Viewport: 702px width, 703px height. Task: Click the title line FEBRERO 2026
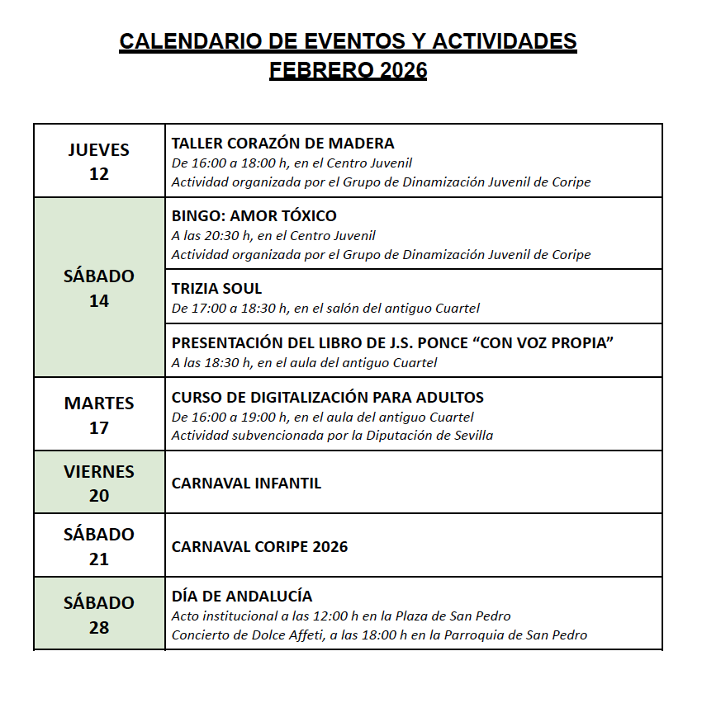pyautogui.click(x=348, y=71)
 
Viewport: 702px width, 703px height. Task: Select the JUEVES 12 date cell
pyautogui.click(x=99, y=161)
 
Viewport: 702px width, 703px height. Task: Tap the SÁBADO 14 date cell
pyautogui.click(x=99, y=287)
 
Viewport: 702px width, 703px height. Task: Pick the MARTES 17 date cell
pyautogui.click(x=99, y=414)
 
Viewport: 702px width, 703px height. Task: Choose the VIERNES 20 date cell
pyautogui.click(x=99, y=483)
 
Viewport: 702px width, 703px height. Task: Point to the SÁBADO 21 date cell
pyautogui.click(x=99, y=545)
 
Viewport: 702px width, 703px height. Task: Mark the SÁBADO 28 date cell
pyautogui.click(x=99, y=614)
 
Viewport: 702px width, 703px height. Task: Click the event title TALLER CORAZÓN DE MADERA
pyautogui.click(x=282, y=144)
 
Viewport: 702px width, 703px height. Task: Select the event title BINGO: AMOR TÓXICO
pyautogui.click(x=254, y=216)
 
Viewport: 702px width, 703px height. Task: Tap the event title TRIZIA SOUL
pyautogui.click(x=216, y=289)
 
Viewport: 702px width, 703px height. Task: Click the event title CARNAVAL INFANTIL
pyautogui.click(x=246, y=484)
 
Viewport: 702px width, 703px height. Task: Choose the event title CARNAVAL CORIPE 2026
pyautogui.click(x=259, y=546)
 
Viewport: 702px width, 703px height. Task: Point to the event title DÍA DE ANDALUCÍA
pyautogui.click(x=242, y=597)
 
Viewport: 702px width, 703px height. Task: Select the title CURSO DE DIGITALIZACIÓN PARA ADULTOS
pyautogui.click(x=327, y=398)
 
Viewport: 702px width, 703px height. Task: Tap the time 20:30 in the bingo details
pyautogui.click(x=224, y=236)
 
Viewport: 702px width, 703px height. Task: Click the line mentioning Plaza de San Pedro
pyautogui.click(x=341, y=616)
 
